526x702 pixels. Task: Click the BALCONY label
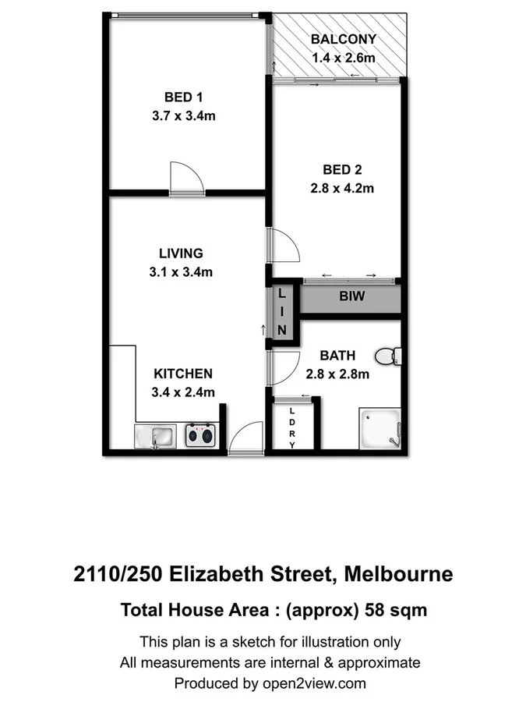click(x=343, y=39)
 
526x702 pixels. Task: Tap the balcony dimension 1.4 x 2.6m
click(x=343, y=57)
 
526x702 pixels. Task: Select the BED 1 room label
click(x=184, y=97)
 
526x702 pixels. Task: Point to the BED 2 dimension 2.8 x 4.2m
click(x=343, y=188)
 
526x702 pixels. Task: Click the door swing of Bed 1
click(x=186, y=177)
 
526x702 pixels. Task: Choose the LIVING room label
click(x=180, y=253)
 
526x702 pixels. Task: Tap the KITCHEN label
click(x=182, y=374)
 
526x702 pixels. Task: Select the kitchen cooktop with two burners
click(x=200, y=434)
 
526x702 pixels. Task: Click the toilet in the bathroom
click(x=387, y=356)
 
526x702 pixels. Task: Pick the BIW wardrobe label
click(x=351, y=297)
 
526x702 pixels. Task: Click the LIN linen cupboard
click(x=283, y=311)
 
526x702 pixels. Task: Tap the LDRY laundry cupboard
click(x=292, y=427)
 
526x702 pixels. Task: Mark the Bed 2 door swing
click(x=284, y=246)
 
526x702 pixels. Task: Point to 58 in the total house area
click(x=377, y=610)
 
